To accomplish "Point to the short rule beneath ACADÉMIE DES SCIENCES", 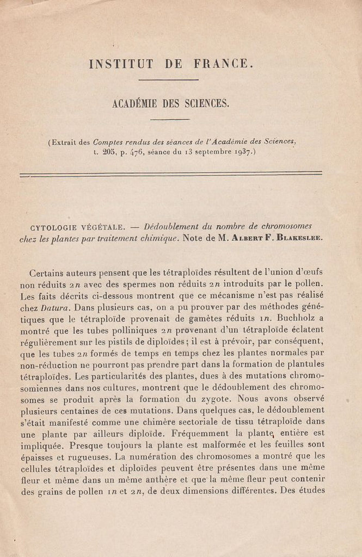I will click(169, 119).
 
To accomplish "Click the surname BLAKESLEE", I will click(298, 239).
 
